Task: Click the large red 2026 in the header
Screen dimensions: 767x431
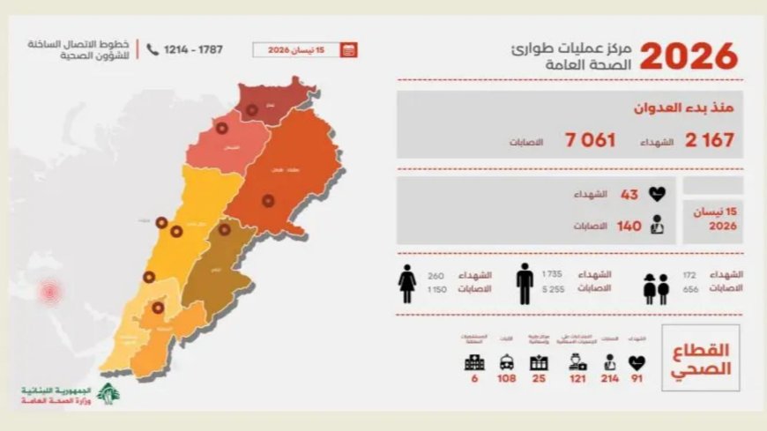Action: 688,56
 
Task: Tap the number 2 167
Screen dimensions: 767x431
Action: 709,140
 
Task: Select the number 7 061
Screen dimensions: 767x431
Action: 591,140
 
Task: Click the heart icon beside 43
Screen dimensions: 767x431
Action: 656,194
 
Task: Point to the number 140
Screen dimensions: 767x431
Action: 629,227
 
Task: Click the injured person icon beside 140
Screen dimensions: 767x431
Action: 656,226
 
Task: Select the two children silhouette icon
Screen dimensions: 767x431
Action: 656,288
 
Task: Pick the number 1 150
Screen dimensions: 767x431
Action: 438,288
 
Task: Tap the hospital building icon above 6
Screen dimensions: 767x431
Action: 474,362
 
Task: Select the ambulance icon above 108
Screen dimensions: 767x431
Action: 507,362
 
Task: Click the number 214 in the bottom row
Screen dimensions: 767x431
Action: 609,379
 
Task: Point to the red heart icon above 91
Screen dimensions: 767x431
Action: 637,362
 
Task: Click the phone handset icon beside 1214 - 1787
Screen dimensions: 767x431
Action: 153,50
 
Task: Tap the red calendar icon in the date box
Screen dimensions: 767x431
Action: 348,50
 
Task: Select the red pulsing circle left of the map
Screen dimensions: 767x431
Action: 51,290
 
